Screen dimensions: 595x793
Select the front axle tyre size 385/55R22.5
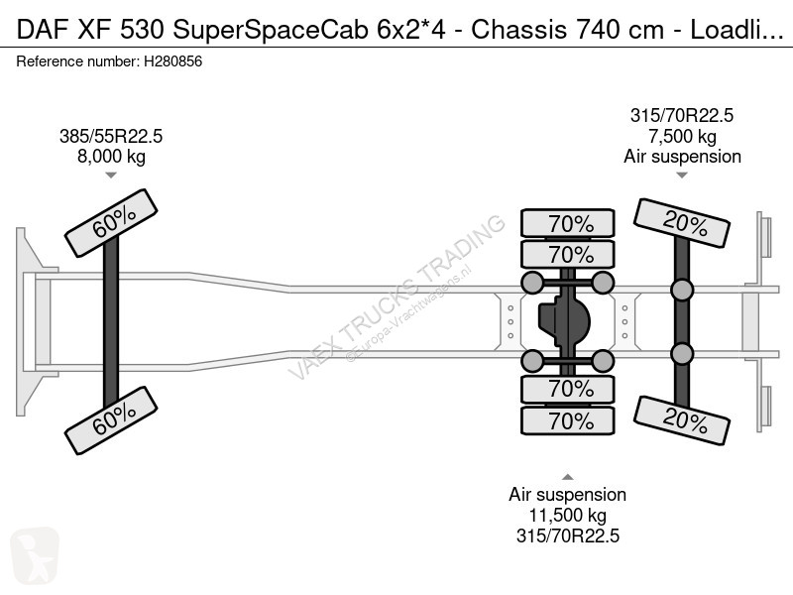(110, 137)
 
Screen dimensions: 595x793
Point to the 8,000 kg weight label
(110, 156)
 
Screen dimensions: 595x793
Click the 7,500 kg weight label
(682, 137)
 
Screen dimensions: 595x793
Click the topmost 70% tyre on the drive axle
(569, 223)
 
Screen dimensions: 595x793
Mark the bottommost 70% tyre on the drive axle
(569, 421)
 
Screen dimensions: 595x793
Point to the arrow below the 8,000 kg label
(110, 176)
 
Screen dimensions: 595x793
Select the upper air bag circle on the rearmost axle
(682, 290)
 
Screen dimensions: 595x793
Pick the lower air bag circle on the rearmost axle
(682, 354)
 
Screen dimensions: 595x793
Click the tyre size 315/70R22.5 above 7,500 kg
(682, 116)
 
